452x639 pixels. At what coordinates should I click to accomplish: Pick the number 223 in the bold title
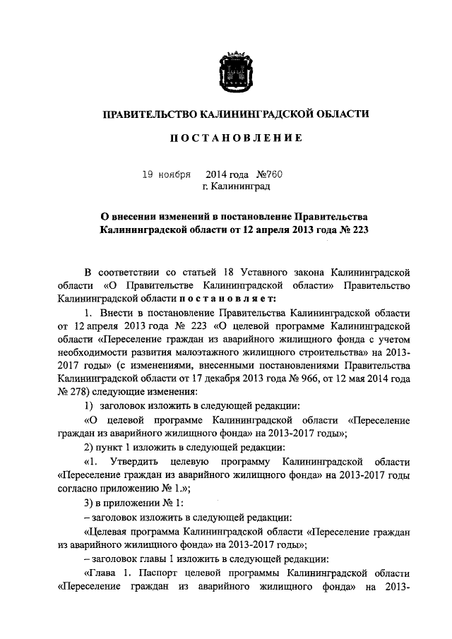(360, 230)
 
